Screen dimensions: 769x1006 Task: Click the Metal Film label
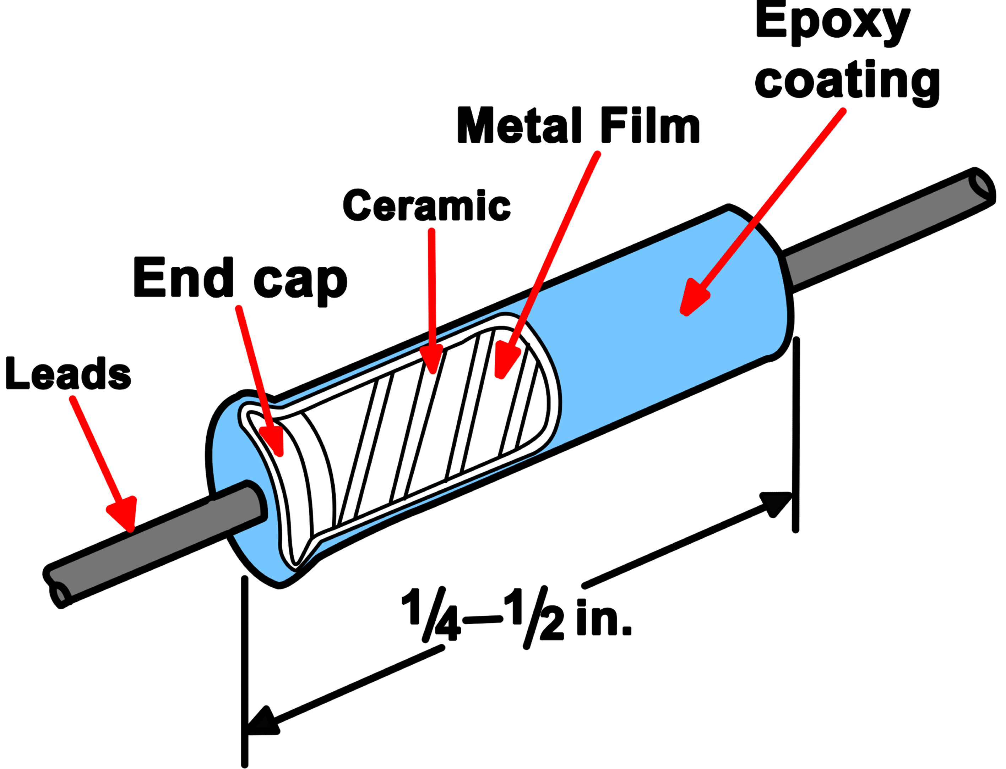[578, 125]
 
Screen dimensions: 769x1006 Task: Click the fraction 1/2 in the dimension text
[534, 616]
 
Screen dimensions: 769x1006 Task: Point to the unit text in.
[603, 617]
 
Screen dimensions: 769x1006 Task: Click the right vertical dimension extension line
[796, 435]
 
